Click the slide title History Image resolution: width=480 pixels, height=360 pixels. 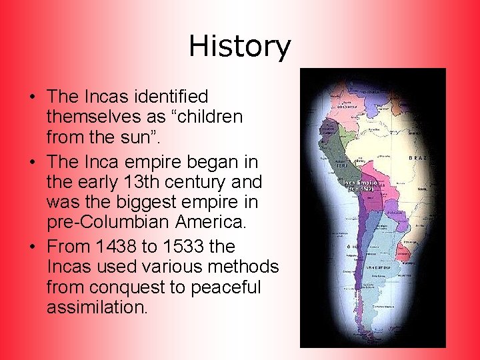(x=240, y=47)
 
